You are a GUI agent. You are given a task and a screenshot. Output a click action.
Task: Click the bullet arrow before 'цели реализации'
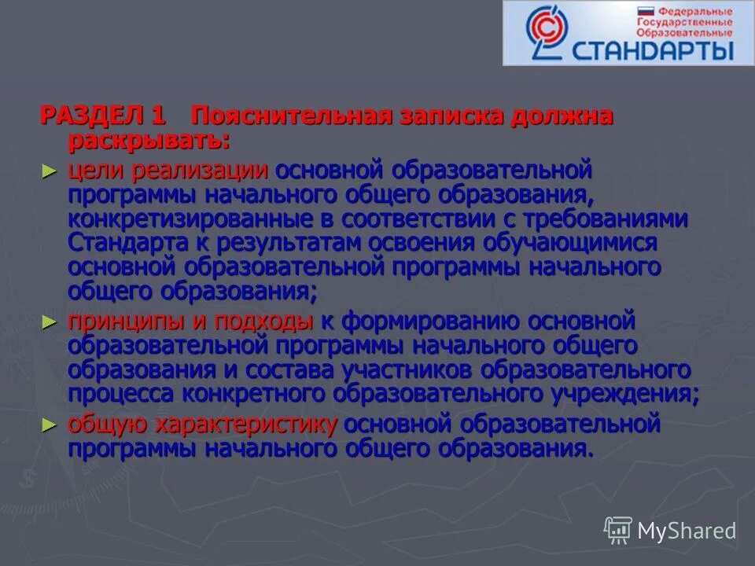coord(50,170)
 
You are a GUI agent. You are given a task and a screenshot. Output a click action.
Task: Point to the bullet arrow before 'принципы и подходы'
coord(50,321)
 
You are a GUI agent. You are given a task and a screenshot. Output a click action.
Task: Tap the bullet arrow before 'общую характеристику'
coord(50,425)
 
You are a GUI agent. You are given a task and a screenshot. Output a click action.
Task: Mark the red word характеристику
coord(246,425)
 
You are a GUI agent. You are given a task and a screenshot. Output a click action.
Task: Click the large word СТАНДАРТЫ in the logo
coord(654,51)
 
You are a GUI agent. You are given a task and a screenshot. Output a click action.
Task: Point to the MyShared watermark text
coord(686,531)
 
